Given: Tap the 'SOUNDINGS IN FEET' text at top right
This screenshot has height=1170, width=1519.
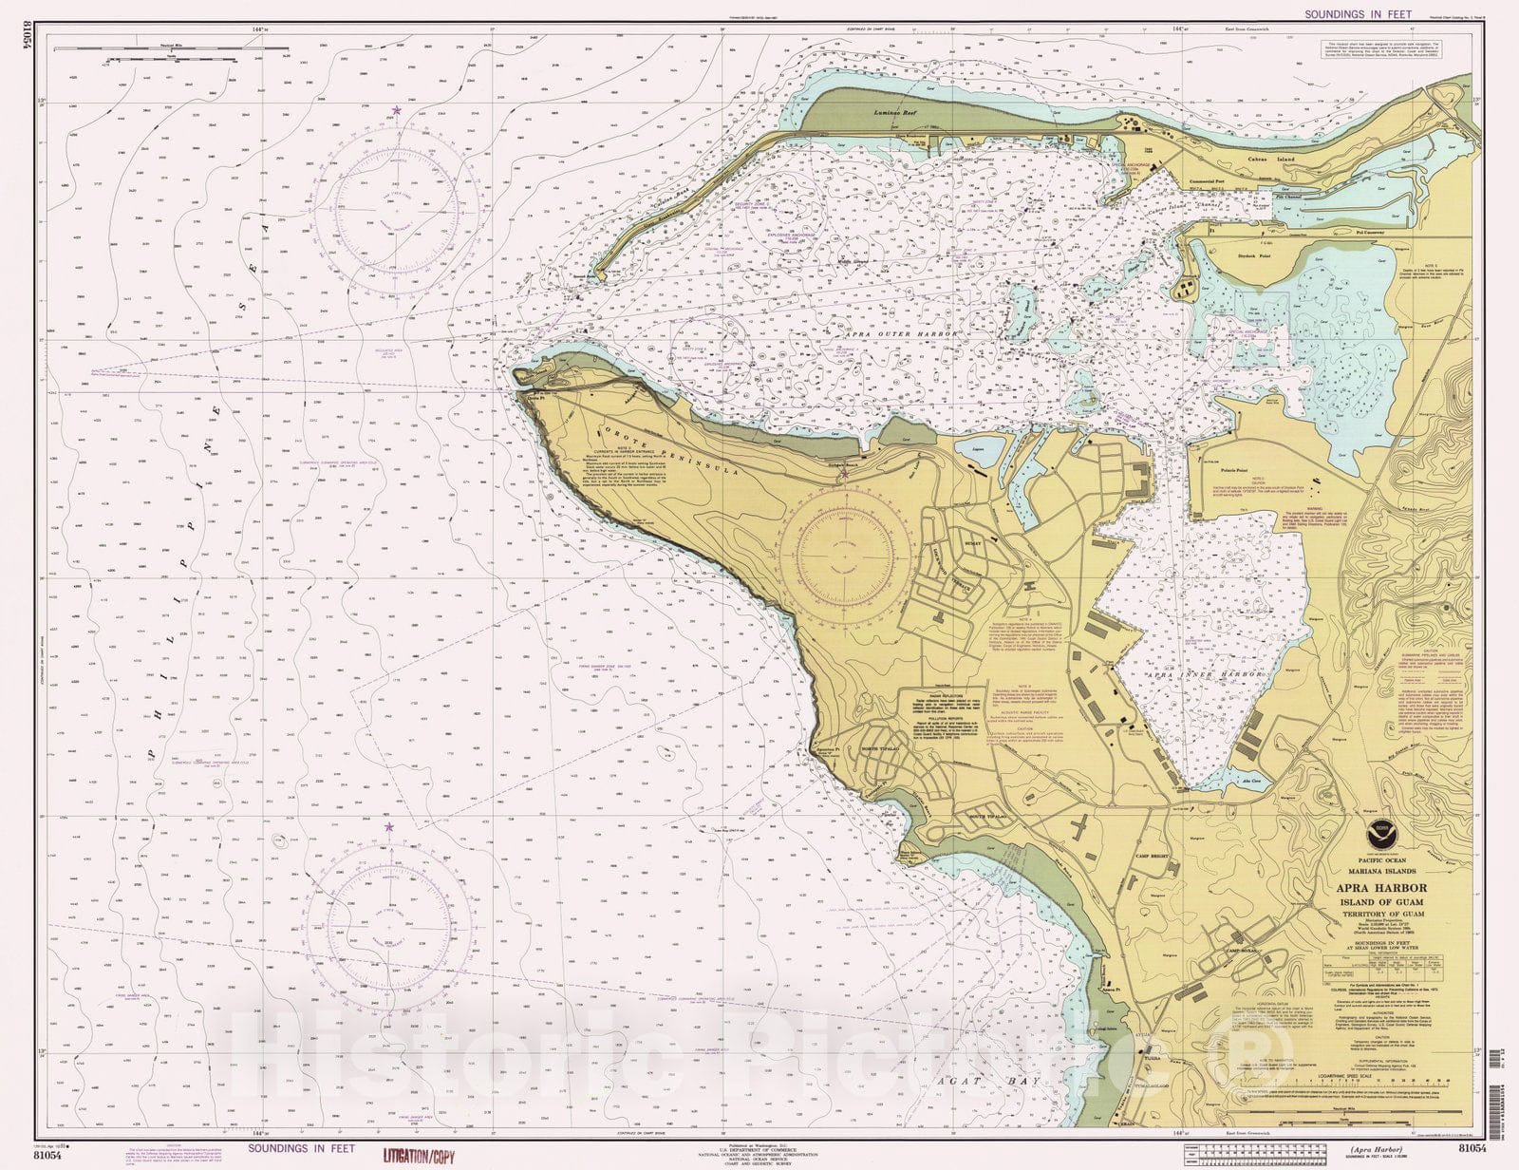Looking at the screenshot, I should [x=1358, y=14].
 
